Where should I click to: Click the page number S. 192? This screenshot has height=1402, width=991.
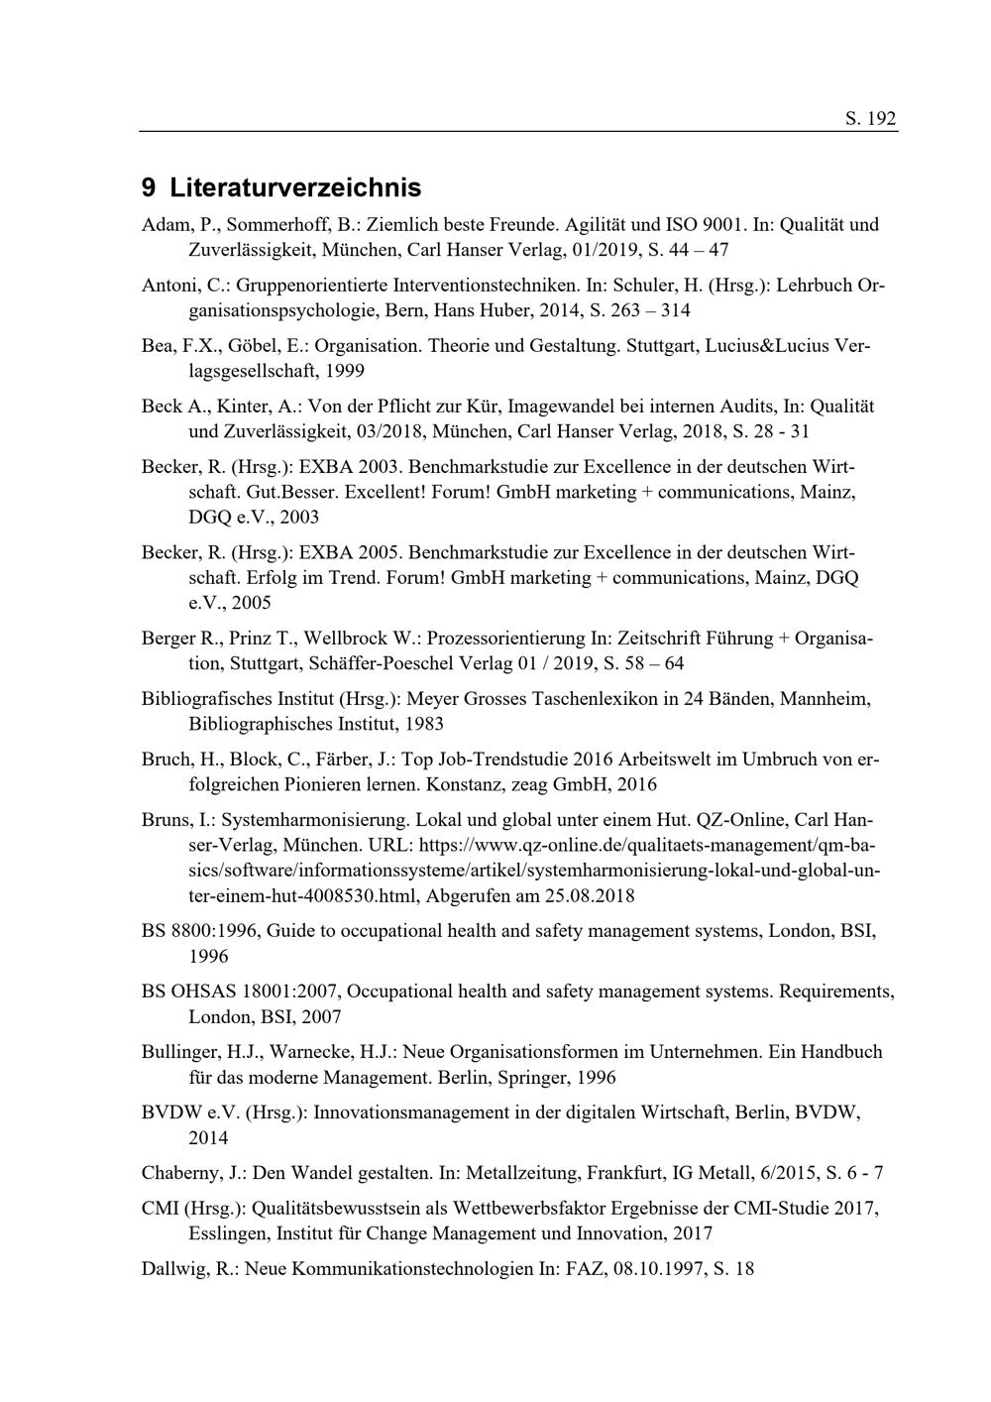(x=870, y=119)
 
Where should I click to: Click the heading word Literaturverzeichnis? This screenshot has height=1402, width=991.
(x=295, y=187)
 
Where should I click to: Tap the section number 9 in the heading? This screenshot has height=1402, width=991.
(x=149, y=187)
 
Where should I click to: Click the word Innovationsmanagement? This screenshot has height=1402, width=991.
(x=410, y=1112)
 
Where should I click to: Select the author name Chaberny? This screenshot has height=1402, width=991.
(x=182, y=1173)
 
